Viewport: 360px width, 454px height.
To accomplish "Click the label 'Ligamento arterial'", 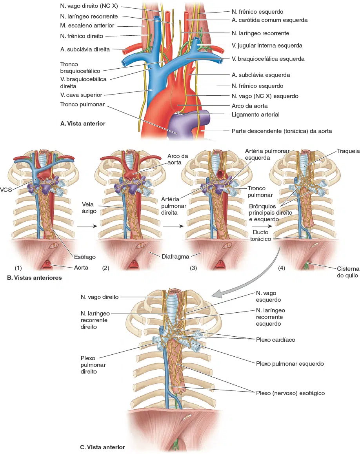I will coord(255,115).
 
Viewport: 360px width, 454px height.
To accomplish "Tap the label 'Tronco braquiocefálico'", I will coord(80,67).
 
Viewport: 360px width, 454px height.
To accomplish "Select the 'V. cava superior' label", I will coord(81,95).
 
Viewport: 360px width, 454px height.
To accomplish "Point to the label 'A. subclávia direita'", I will coord(85,49).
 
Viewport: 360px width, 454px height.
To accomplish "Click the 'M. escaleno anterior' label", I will coord(87,26).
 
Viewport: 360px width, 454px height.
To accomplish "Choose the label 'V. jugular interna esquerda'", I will coord(267,46).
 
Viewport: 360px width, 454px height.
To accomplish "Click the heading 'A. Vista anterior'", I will coord(83,123).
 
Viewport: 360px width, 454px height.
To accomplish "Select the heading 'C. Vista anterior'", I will coord(102,447).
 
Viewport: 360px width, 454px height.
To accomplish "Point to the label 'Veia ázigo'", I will coord(88,208).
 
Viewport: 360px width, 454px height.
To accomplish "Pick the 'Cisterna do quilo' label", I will coord(348,272).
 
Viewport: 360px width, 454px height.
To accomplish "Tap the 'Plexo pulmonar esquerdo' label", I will coord(290,364).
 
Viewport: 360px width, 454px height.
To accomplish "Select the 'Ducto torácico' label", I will coord(261,235).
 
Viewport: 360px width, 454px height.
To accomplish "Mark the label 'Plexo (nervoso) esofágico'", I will coord(290,393).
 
